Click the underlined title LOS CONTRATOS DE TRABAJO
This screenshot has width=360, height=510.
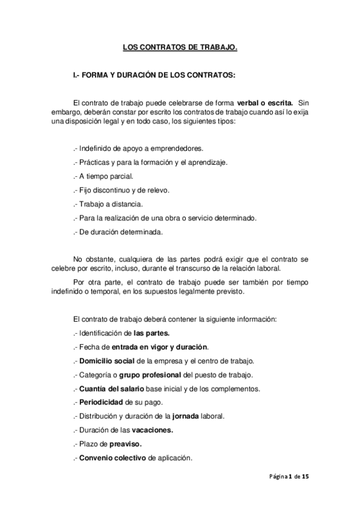180,46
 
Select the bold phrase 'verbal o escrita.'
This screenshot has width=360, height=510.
265,103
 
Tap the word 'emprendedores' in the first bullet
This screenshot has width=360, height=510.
177,149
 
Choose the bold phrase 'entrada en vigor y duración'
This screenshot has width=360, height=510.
160,347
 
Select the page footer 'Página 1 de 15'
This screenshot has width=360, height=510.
289,477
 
